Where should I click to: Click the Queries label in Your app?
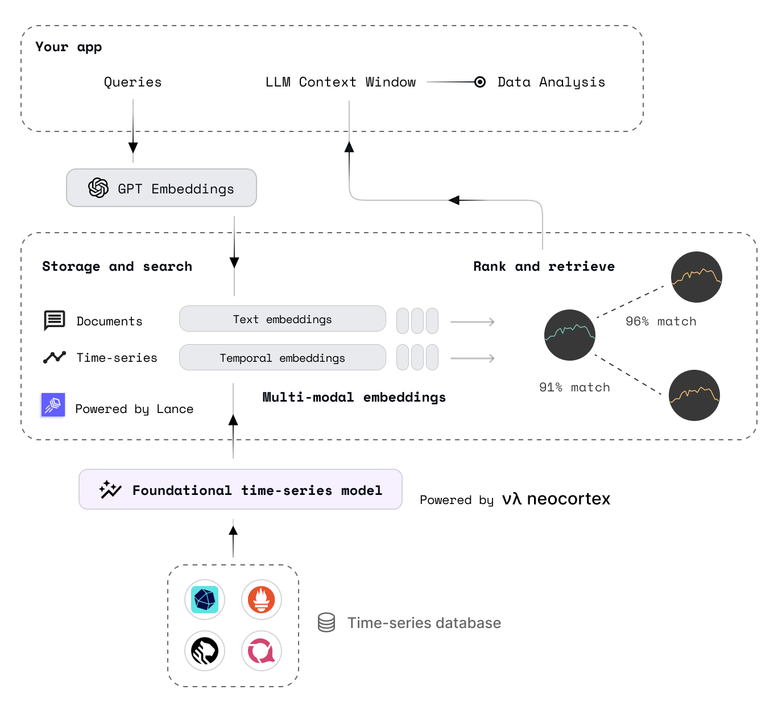133,82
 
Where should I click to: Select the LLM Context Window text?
340,82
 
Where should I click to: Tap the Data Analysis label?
551,82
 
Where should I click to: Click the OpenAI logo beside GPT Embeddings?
98,188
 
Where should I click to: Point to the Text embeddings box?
282,319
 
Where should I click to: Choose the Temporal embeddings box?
282,358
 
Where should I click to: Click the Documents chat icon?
55,320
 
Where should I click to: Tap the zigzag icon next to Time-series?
55,357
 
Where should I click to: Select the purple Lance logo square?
53,405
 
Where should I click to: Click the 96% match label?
660,321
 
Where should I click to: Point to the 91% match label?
574,387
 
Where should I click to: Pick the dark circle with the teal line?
569,335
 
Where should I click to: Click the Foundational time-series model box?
240,489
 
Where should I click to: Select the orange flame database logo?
262,600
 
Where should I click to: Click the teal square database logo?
205,600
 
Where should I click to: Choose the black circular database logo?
205,651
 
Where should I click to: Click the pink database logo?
262,651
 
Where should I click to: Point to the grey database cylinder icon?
326,622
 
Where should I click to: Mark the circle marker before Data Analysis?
480,82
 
